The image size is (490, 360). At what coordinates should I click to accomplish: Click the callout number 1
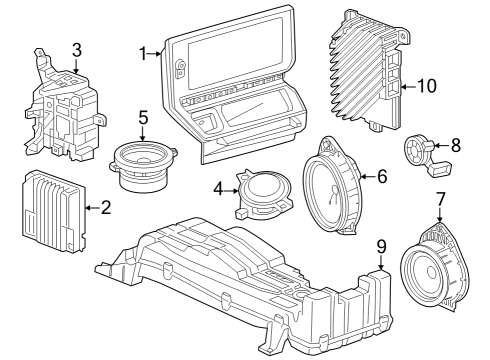(x=142, y=53)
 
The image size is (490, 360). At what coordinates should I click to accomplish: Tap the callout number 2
(x=106, y=208)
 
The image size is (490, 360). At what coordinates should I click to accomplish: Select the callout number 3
(x=77, y=49)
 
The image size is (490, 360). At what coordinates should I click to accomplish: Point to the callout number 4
(x=218, y=188)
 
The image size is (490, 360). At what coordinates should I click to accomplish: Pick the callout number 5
(x=143, y=117)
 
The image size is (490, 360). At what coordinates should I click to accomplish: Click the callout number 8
(x=455, y=145)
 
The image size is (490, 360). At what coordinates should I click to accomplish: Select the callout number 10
(x=427, y=86)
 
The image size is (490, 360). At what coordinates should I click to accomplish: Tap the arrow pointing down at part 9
(x=381, y=262)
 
